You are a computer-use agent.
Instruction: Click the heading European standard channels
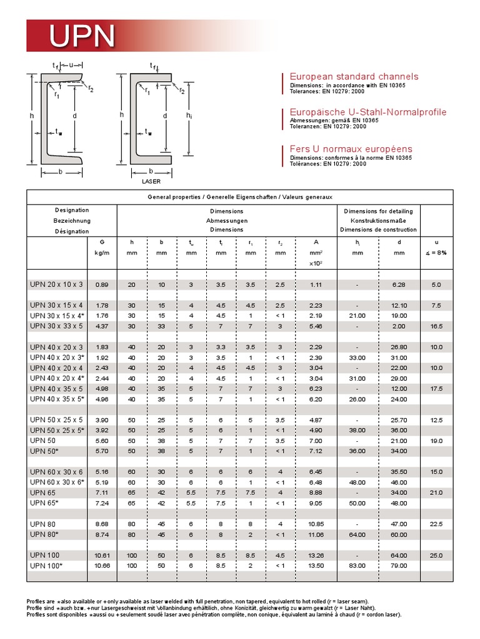[x=354, y=76]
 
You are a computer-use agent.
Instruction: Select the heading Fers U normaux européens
[x=351, y=149]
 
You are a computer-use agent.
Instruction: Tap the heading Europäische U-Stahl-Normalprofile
[x=368, y=112]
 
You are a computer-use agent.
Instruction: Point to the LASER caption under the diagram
[x=151, y=182]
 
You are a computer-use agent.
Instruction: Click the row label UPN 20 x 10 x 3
[x=56, y=285]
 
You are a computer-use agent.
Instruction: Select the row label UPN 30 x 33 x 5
[x=56, y=326]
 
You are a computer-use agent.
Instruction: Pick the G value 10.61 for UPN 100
[x=102, y=555]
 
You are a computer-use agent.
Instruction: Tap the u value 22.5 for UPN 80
[x=436, y=524]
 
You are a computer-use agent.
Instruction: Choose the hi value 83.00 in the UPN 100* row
[x=357, y=565]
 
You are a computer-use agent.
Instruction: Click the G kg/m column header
[x=102, y=247]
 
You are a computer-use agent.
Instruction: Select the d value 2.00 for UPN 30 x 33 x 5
[x=399, y=326]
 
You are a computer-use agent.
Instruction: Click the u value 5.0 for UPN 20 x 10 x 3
[x=436, y=285]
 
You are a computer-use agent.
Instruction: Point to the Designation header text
[x=72, y=210]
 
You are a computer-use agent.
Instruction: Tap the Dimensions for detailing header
[x=378, y=211]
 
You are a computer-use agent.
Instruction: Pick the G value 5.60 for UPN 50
[x=102, y=441]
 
